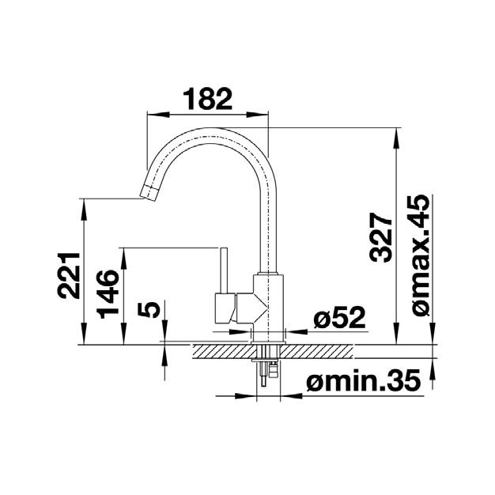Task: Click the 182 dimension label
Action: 207,99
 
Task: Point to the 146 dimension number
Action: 108,293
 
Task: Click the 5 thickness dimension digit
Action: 149,309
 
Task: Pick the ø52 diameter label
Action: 339,317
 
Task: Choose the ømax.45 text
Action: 421,255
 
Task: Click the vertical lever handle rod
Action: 224,270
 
